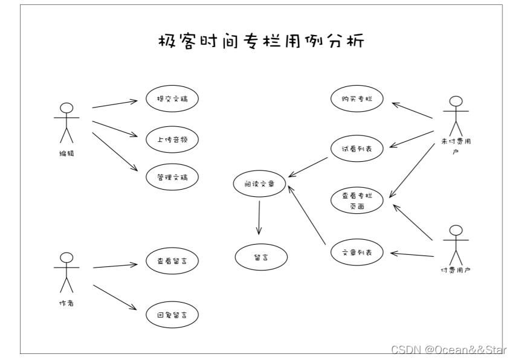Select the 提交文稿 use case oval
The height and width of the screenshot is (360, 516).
point(172,100)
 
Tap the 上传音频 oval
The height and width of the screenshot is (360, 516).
point(172,139)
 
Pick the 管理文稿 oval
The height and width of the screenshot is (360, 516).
point(172,178)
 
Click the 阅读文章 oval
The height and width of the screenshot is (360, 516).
point(259,184)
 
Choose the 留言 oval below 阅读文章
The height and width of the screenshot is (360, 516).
point(261,257)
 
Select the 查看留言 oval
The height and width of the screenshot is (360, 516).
point(172,262)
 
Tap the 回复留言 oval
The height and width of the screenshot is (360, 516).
point(172,315)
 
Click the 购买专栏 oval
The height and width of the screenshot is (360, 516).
point(357,99)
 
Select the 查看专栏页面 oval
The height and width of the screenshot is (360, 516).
point(357,201)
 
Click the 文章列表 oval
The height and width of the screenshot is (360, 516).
point(357,254)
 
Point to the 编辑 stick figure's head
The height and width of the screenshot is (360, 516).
point(66,109)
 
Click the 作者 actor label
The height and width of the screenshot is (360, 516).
point(66,303)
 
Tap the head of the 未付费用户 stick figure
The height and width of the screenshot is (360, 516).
point(456,101)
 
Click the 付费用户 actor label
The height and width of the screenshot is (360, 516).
point(456,270)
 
